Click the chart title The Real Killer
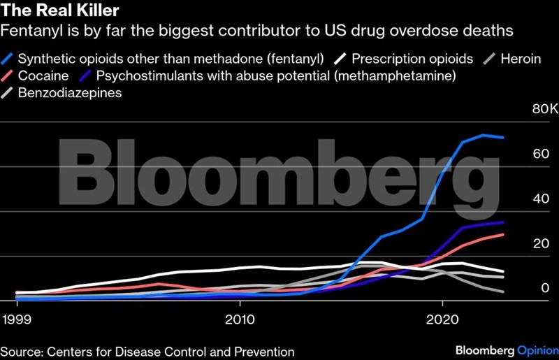tap(53, 11)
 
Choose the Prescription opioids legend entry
tap(412, 58)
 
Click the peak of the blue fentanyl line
tap(483, 135)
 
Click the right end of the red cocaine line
tap(503, 234)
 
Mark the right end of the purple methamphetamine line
tap(503, 222)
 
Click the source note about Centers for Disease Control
tap(147, 351)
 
